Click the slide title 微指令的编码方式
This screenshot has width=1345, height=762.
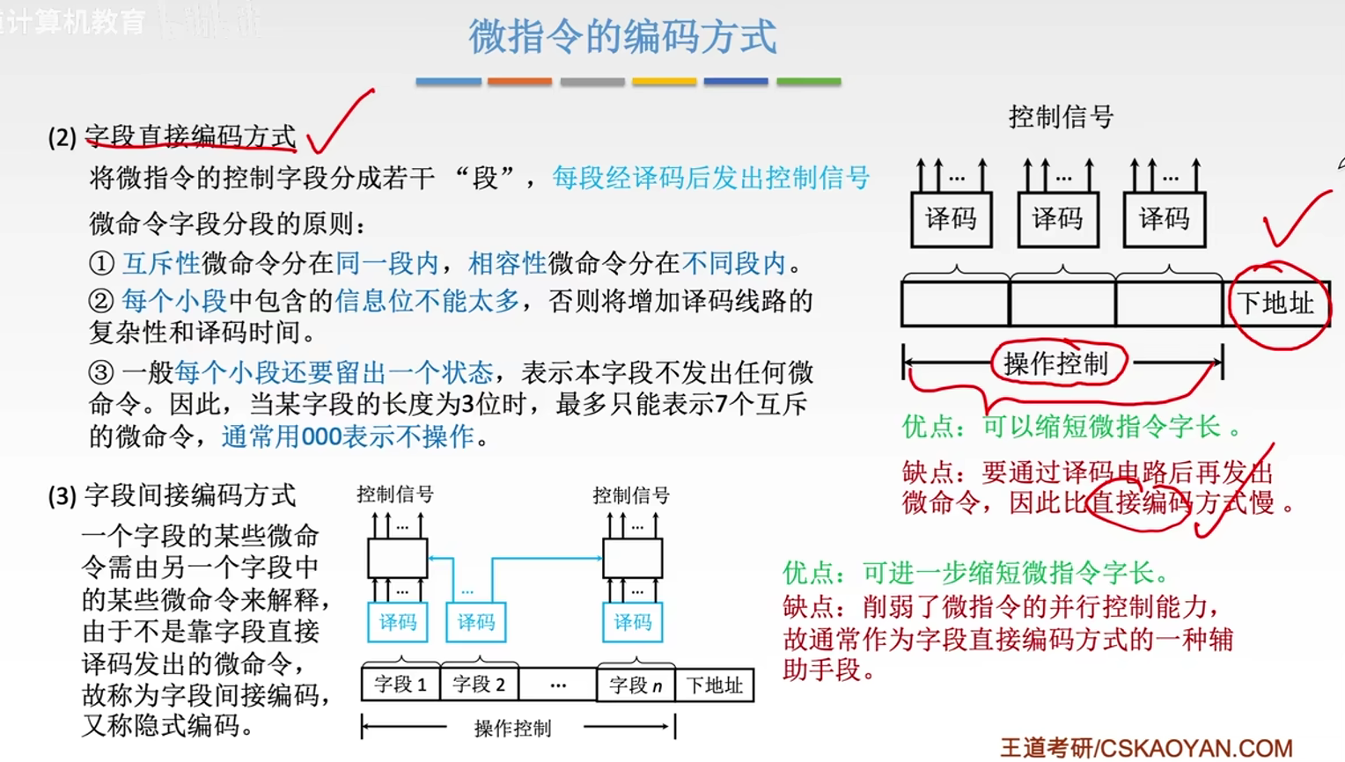[622, 37]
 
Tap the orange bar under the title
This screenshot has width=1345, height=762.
[519, 82]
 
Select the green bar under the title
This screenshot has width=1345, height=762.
[808, 82]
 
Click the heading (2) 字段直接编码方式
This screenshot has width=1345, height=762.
[173, 136]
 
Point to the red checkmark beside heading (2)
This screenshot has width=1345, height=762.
[339, 123]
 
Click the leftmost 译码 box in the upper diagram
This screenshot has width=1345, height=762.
[951, 219]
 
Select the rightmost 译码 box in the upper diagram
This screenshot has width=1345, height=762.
[1164, 219]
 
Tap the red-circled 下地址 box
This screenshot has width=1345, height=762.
[1275, 304]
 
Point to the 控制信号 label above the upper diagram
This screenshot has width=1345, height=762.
[1061, 116]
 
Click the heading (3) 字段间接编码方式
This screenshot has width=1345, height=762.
[173, 495]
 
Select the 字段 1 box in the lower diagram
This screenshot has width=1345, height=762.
[401, 685]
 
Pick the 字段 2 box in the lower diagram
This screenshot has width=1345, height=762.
[479, 685]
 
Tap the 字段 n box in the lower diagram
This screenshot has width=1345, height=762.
[636, 685]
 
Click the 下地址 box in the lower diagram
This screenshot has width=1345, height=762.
[714, 685]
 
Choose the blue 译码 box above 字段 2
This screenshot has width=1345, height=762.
[476, 622]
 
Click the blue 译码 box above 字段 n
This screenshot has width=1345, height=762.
[633, 622]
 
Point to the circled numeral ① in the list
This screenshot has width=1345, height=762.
[101, 263]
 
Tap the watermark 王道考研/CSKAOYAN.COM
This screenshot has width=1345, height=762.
[1146, 748]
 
